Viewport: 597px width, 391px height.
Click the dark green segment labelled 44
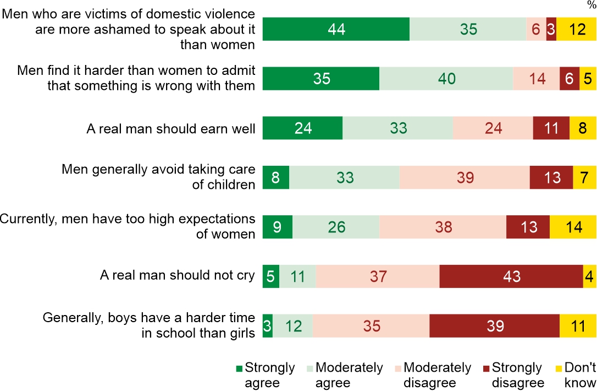click(x=336, y=29)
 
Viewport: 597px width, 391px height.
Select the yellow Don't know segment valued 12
click(x=576, y=29)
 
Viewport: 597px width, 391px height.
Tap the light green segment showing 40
click(x=446, y=79)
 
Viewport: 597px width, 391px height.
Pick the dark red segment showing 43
click(x=511, y=276)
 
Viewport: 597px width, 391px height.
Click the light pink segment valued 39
click(x=465, y=178)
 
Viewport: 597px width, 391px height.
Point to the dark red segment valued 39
click(x=494, y=326)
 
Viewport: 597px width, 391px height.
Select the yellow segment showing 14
click(x=573, y=227)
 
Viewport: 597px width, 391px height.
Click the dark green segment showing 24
click(x=302, y=128)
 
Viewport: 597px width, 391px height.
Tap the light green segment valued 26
click(x=335, y=227)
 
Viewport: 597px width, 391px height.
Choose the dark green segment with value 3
click(x=268, y=326)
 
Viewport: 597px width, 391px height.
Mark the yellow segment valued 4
click(x=589, y=276)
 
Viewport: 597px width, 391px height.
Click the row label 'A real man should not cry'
click(x=178, y=275)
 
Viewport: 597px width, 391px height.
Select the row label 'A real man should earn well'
click(x=171, y=129)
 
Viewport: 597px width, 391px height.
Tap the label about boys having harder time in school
click(x=149, y=325)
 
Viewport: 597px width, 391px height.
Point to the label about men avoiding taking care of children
click(x=158, y=176)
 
